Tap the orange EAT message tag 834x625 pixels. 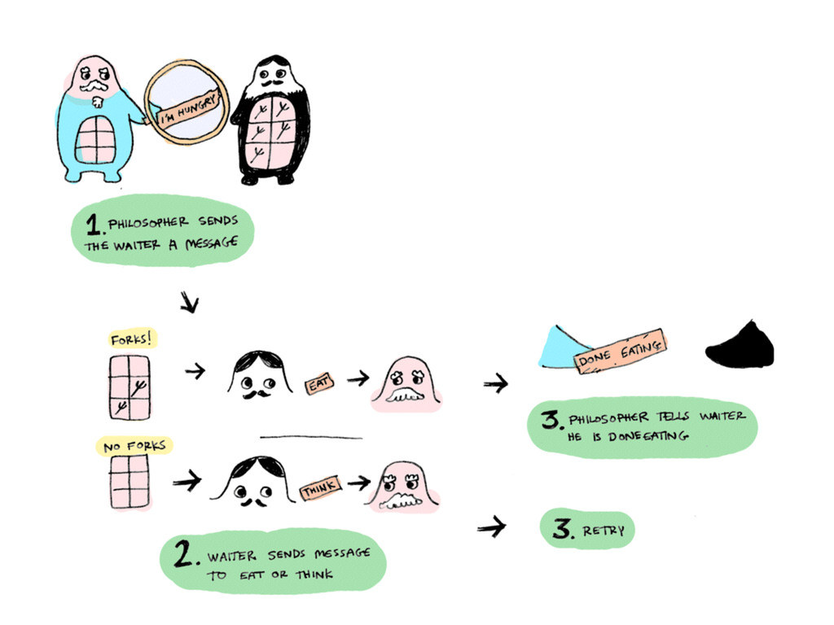317,383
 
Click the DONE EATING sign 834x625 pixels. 621,352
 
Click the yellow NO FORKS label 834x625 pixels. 134,445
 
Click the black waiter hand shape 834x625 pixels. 740,345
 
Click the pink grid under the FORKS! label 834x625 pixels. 129,386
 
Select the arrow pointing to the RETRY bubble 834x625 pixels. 492,529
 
